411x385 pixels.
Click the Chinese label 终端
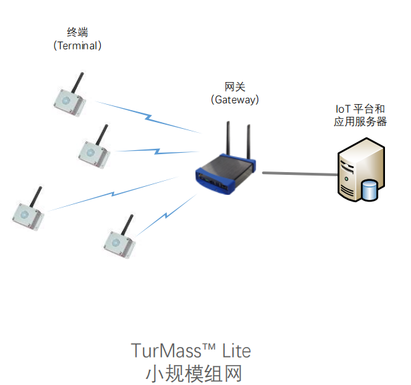pos(77,31)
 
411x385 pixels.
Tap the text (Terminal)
pos(77,45)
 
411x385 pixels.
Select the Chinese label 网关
pos(235,86)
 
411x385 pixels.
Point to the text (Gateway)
pos(235,99)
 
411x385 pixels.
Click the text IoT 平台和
pos(360,109)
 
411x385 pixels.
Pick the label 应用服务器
pos(360,122)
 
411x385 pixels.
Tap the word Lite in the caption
pos(236,350)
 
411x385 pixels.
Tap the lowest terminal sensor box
pos(120,243)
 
